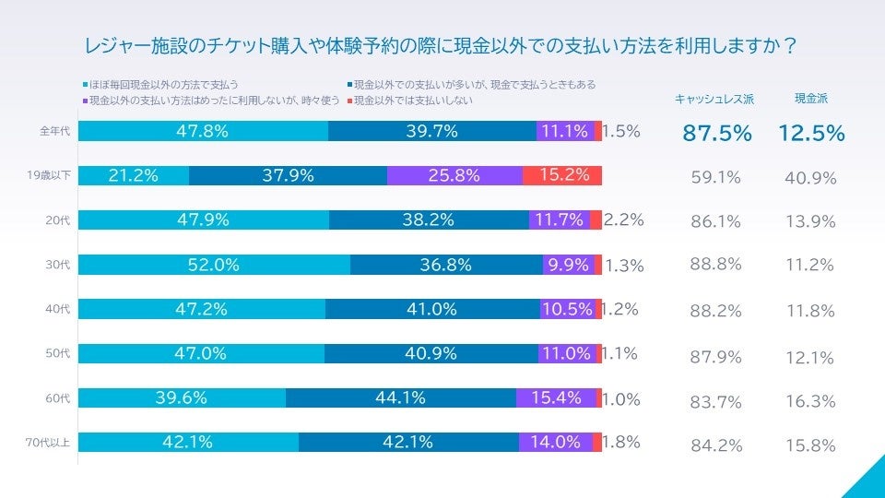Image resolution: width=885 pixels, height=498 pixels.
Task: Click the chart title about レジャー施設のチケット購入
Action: [441, 45]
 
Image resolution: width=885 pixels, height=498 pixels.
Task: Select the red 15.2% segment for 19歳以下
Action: [562, 175]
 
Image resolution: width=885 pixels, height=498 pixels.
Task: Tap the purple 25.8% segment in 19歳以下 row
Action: [454, 175]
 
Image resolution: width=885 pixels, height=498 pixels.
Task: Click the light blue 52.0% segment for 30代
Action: [214, 265]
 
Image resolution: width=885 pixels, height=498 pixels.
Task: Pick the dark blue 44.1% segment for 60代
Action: [401, 398]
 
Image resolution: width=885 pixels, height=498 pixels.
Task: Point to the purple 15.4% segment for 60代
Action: [556, 398]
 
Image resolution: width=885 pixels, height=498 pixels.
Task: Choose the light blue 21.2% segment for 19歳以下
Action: [134, 175]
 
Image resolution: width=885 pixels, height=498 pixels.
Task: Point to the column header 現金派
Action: [810, 99]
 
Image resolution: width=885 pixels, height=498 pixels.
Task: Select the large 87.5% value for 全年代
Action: [717, 133]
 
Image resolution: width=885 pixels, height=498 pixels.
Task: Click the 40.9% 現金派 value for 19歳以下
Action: [810, 178]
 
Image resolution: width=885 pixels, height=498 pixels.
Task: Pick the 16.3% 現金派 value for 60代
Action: [810, 401]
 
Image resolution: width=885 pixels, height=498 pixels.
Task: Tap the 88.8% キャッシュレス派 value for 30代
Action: [716, 265]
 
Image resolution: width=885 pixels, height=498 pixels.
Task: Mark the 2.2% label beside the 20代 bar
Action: [623, 220]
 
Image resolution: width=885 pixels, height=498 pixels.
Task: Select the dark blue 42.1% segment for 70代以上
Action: [407, 443]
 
